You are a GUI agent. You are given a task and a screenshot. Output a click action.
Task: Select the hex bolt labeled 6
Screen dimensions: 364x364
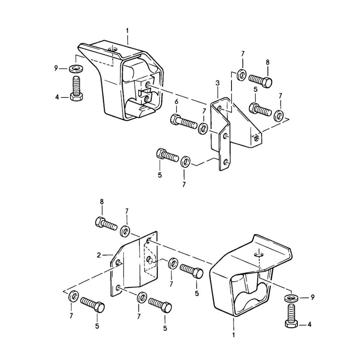(x=184, y=122)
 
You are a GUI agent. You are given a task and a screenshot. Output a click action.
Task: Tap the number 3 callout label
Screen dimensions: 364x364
(x=218, y=83)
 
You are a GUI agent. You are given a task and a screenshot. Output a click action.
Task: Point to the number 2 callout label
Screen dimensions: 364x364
(x=99, y=255)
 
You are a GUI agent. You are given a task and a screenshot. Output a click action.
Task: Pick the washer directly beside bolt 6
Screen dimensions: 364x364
(x=203, y=128)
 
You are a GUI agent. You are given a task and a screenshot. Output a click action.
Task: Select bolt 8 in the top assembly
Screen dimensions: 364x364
(x=260, y=80)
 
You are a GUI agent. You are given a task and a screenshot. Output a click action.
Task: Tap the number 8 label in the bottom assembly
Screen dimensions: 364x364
(x=102, y=202)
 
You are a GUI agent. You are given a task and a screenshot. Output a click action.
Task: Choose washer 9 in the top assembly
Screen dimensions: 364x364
(x=76, y=69)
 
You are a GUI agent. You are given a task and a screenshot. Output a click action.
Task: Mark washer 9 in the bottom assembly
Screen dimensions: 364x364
(x=292, y=298)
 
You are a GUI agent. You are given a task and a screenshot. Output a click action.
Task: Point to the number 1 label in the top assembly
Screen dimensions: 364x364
(x=127, y=31)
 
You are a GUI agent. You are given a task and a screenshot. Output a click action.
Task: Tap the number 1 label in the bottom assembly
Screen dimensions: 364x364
(x=234, y=335)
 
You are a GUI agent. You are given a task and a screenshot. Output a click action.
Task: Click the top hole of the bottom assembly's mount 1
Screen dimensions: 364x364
(x=259, y=255)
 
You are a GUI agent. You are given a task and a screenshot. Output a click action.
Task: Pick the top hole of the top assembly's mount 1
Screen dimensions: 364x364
(x=113, y=49)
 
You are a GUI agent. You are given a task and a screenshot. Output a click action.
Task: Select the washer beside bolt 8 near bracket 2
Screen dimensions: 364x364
(x=125, y=231)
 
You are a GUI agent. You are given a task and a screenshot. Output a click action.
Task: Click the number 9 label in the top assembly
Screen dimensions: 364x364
(x=56, y=69)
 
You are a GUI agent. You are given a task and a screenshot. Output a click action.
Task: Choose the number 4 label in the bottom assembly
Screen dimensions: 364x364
(x=309, y=325)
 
